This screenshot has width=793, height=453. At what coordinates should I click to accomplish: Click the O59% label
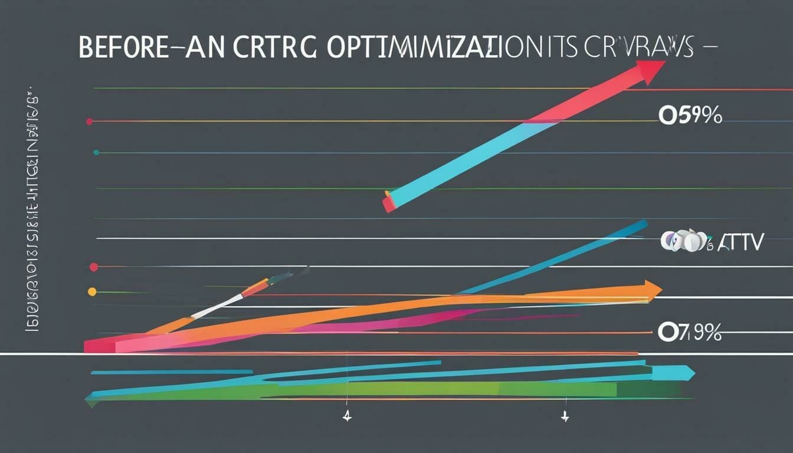pos(690,116)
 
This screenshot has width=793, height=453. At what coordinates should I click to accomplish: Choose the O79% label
pos(689,333)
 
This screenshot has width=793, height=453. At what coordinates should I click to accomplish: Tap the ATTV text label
pos(741,241)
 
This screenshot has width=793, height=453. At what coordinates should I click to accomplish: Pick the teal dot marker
pos(96,152)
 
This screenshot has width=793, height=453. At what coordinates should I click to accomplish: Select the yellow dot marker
pos(91,291)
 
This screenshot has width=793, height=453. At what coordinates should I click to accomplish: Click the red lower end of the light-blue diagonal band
pos(389,203)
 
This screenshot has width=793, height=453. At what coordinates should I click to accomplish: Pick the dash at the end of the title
pos(709,48)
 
